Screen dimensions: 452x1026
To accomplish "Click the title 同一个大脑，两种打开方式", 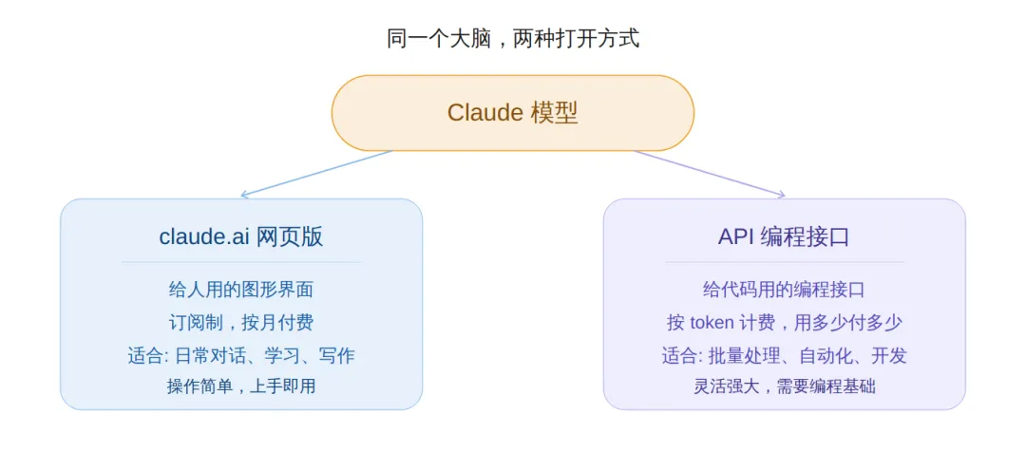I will (513, 39).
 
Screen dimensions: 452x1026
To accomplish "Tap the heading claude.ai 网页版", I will (241, 236).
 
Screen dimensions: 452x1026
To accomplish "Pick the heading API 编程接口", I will (784, 236).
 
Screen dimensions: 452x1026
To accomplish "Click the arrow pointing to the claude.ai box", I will (316, 174).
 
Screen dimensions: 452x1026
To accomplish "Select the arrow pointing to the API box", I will (710, 174).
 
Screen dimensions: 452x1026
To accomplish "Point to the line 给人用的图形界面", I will (240, 290).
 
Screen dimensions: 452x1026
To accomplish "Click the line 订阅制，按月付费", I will (240, 322).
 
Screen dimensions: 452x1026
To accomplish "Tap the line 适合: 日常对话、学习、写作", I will (240, 355).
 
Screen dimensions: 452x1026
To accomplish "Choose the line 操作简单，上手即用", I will (240, 386).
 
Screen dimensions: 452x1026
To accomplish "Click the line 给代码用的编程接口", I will (784, 290).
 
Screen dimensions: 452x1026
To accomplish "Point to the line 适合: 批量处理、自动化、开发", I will (784, 355).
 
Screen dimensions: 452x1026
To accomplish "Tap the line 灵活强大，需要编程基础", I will (784, 386).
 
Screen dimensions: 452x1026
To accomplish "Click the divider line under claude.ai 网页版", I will (240, 262).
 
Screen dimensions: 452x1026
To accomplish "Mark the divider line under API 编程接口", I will (784, 262).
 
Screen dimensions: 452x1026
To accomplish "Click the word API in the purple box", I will (735, 236).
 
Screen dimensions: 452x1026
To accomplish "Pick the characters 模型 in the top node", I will (555, 113).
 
